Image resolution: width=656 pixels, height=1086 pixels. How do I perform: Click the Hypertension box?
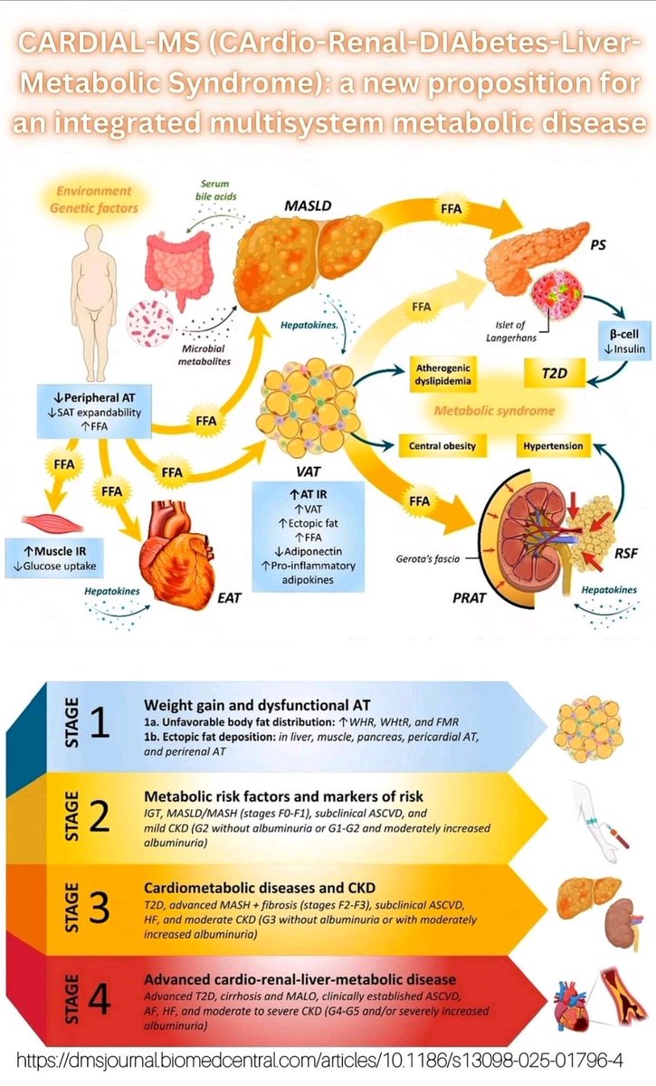(x=553, y=446)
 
